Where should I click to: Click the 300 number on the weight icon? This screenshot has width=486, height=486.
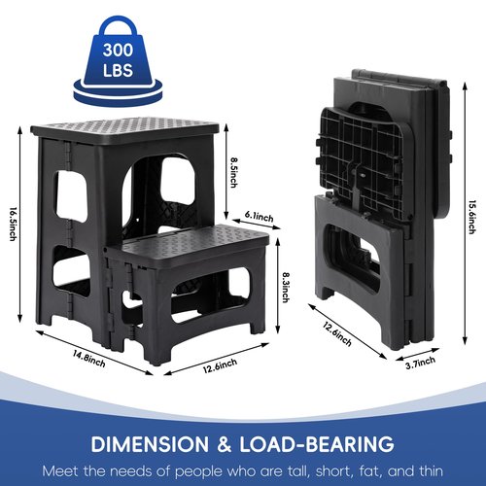(118, 51)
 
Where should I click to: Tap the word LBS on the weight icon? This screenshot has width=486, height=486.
(118, 70)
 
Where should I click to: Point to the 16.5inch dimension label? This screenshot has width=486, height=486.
(13, 225)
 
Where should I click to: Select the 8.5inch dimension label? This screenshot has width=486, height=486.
(233, 172)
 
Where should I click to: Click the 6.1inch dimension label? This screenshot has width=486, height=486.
(259, 216)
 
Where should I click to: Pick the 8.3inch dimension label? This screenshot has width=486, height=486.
(286, 288)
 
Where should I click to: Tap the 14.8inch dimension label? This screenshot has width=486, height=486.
(88, 359)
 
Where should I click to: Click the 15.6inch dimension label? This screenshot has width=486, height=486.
(472, 217)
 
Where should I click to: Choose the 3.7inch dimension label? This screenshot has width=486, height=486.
(421, 363)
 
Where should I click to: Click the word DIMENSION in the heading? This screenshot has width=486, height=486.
(150, 444)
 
